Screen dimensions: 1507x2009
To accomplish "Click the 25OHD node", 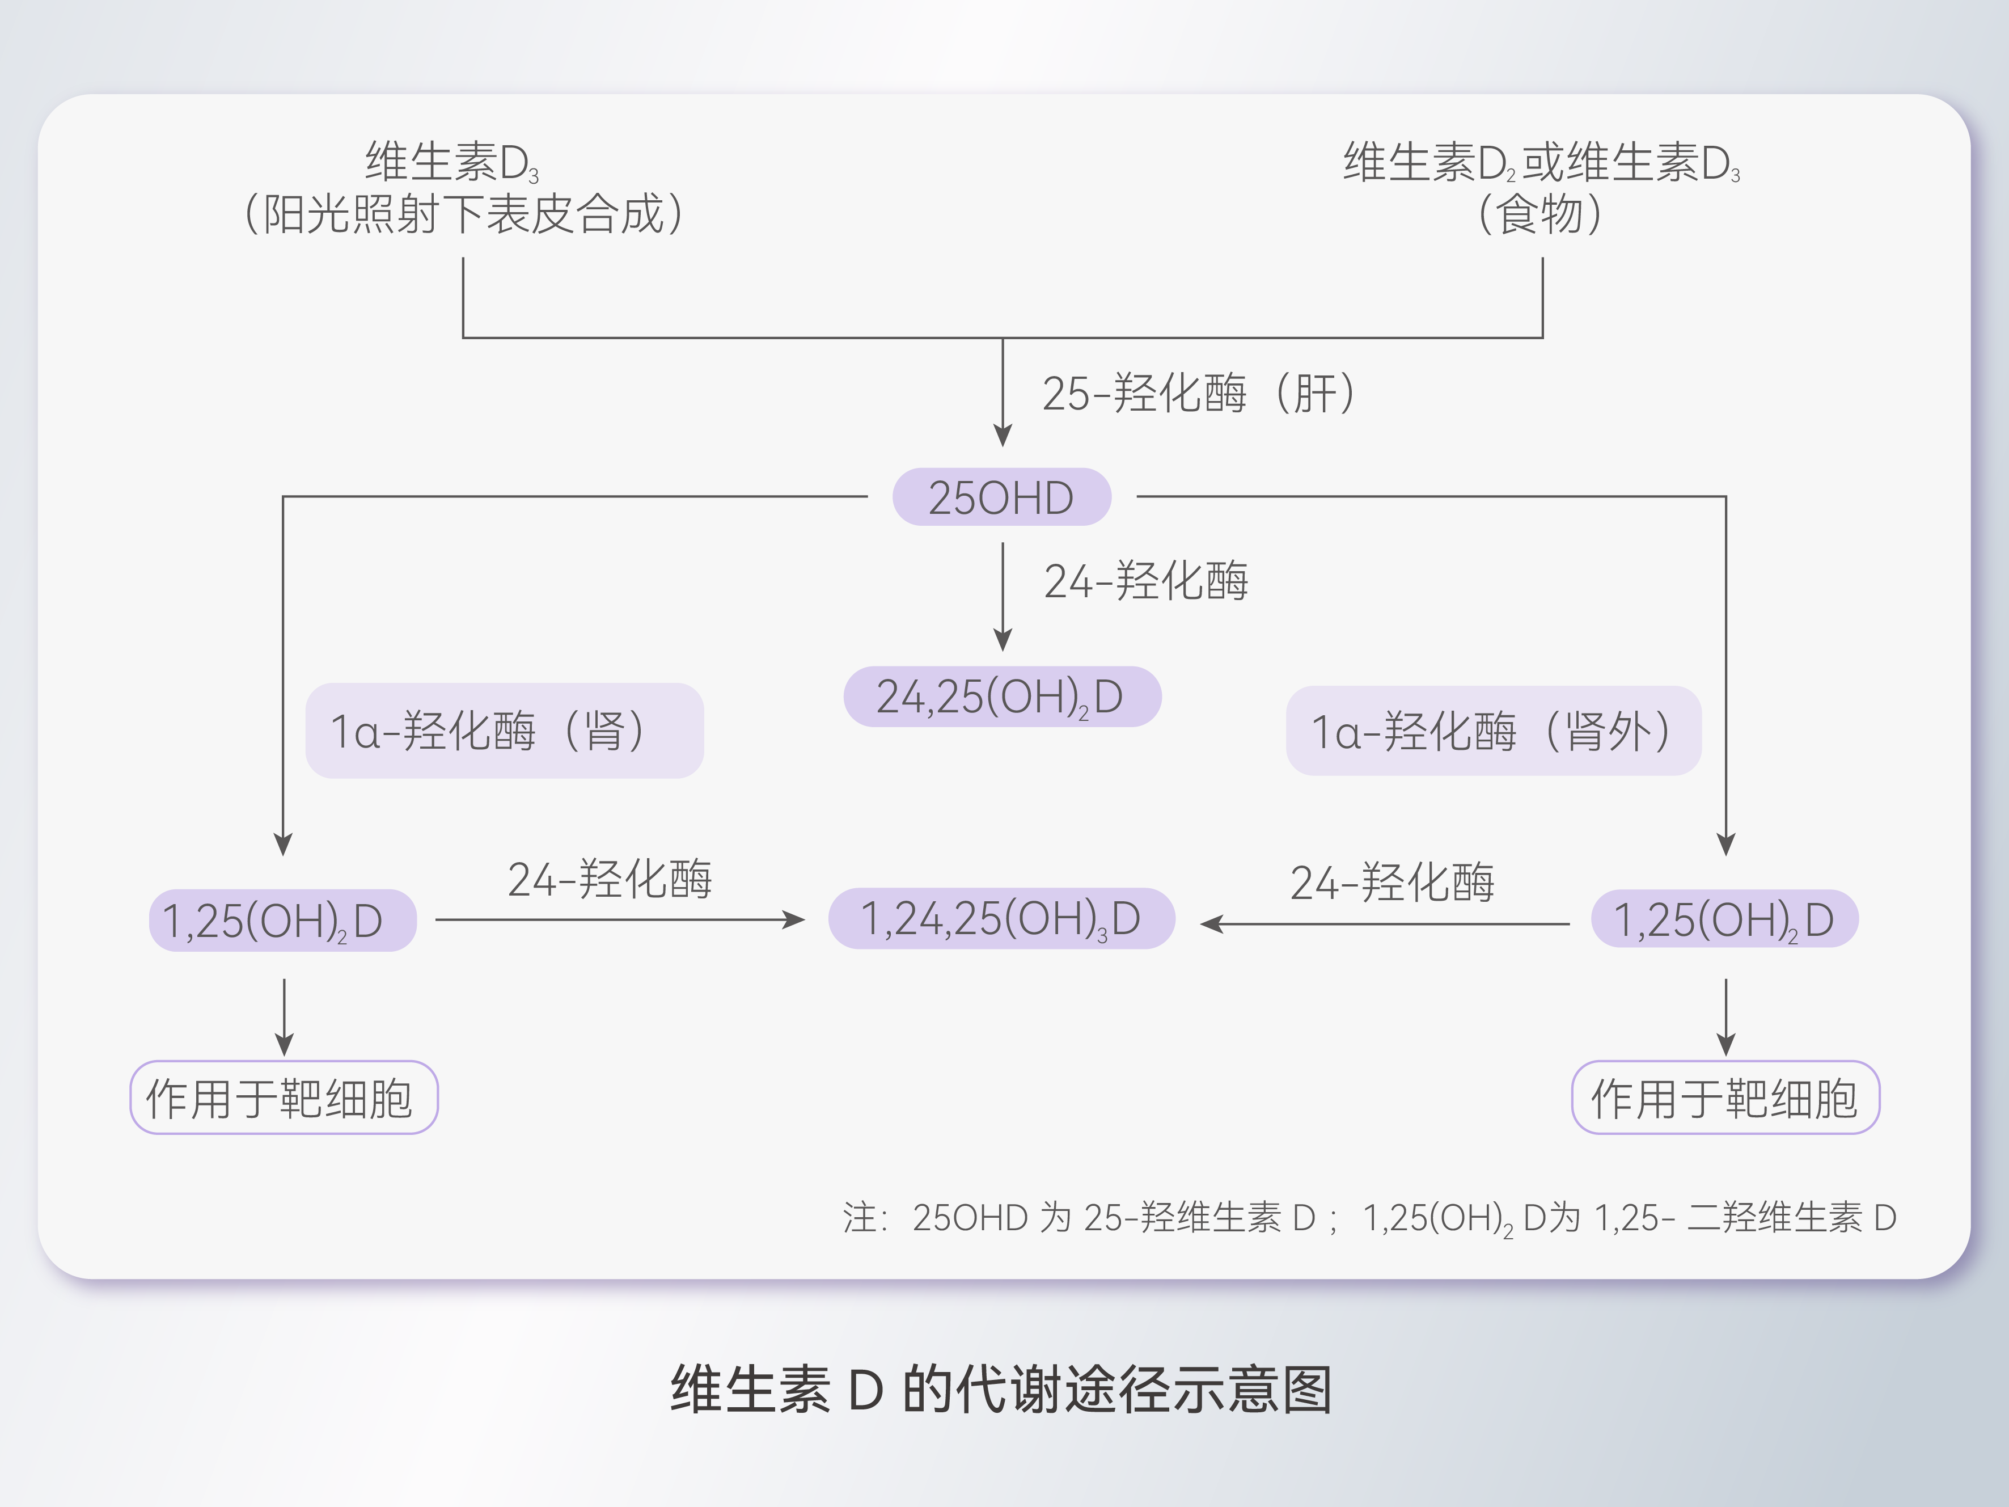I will coord(1001,497).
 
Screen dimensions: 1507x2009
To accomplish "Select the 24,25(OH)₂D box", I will coord(1002,696).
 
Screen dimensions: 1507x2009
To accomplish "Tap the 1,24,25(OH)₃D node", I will coord(1001,918).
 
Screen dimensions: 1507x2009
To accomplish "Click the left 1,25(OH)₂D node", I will coord(282,920).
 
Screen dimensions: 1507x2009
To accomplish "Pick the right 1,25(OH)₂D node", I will coord(1724,919).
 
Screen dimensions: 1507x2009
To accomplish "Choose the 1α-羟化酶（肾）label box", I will coord(504,731).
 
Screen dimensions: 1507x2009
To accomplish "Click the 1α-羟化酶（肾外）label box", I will coord(1492,731).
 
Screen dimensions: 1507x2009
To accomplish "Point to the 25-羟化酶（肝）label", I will coord(1198,393).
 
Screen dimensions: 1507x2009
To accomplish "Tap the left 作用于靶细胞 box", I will coord(284,1097).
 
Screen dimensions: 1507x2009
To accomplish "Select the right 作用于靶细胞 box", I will coord(1725,1097).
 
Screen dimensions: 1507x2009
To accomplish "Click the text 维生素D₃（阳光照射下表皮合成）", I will coord(463,188).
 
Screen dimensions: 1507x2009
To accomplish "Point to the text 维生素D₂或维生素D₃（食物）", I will coord(1541,188).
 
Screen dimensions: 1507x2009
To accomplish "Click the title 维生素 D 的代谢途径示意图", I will coord(1001,1389).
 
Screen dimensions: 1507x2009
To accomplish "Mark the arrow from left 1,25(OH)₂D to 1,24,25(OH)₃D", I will coord(619,920).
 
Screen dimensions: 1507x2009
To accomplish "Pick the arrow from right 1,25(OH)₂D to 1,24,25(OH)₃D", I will coord(1385,924).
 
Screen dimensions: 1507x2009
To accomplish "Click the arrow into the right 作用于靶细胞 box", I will coord(1725,1018).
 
